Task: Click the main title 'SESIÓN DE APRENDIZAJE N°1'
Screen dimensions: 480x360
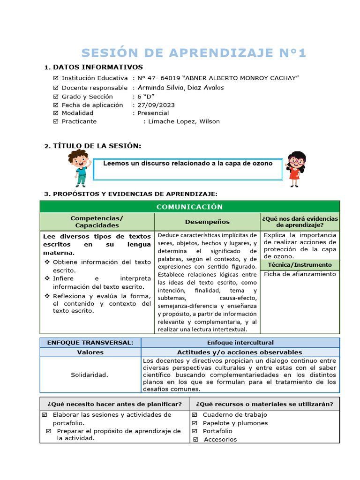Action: coord(194,53)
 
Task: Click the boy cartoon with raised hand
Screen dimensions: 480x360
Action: coord(79,168)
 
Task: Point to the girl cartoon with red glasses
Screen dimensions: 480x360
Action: coord(295,169)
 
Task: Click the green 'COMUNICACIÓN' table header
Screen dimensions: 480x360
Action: coord(189,207)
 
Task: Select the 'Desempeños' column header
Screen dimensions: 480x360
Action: coord(207,222)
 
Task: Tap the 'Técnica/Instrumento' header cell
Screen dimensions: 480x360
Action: coord(300,265)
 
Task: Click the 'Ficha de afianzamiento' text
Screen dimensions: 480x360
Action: coord(300,274)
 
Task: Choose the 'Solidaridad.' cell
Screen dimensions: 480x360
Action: coord(90,375)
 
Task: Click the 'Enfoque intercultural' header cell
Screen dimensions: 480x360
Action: coord(240,343)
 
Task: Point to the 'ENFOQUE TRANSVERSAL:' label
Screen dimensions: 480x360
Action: coord(90,343)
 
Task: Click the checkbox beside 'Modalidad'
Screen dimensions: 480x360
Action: coord(56,113)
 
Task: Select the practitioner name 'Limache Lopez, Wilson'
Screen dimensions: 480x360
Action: coord(184,121)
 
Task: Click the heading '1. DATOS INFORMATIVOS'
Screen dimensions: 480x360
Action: coord(93,67)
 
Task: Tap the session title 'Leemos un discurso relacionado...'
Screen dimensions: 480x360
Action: coord(187,164)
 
